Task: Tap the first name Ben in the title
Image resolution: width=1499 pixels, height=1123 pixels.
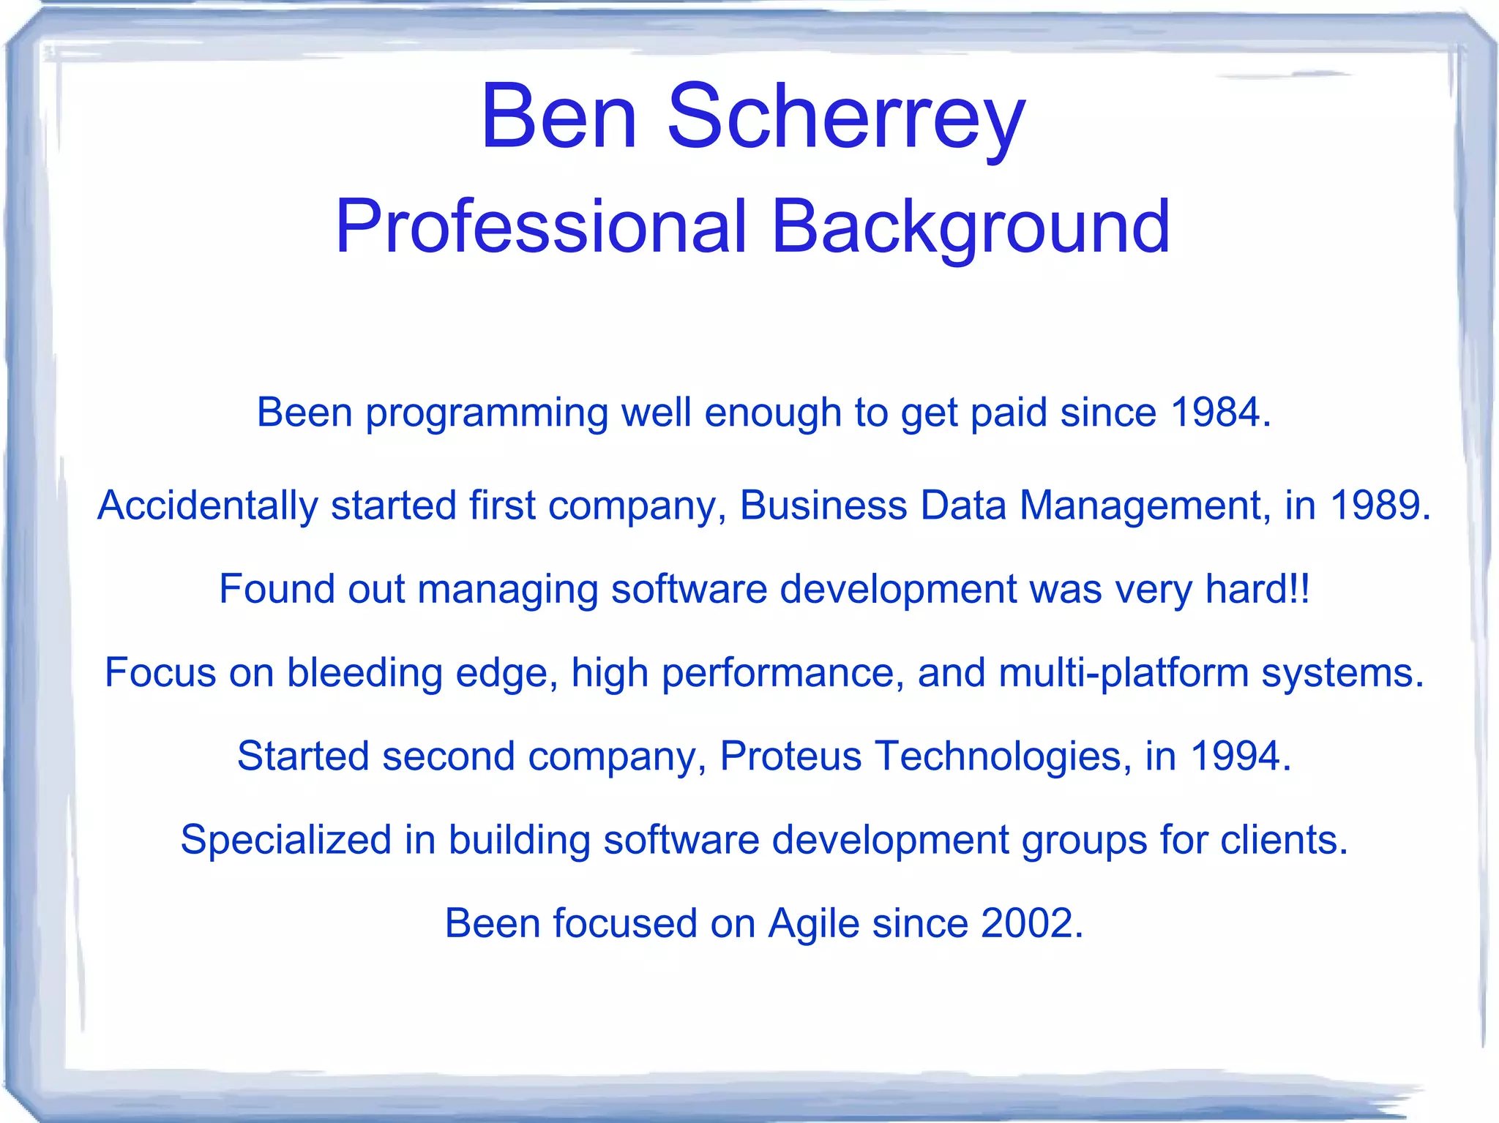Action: [x=558, y=117]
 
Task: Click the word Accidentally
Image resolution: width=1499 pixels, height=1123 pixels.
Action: [x=208, y=505]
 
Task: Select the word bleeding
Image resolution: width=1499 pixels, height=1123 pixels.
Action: [x=365, y=672]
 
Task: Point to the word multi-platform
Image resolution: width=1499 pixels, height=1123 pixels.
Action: [x=1124, y=672]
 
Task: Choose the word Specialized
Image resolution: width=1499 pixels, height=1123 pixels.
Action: [x=286, y=839]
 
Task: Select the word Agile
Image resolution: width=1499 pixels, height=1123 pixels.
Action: [x=813, y=923]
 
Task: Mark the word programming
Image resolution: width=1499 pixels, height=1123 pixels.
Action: [x=487, y=413]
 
